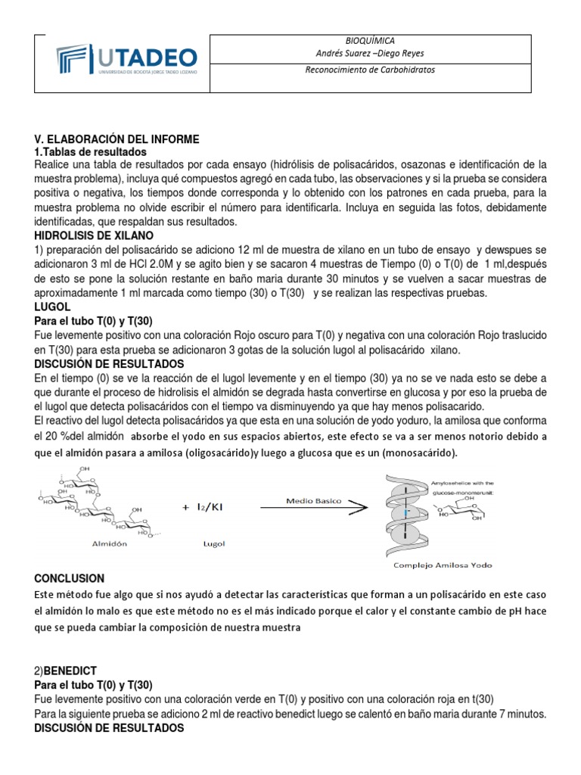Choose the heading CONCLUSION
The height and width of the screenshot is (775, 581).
click(70, 578)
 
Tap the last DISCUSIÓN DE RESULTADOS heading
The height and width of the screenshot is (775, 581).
click(109, 728)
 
